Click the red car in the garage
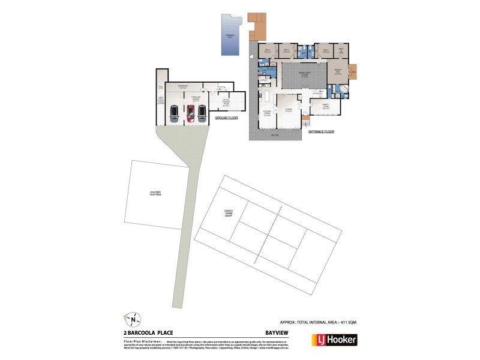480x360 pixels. click(x=190, y=113)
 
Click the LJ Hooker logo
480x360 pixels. click(x=334, y=340)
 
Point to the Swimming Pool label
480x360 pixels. click(x=229, y=36)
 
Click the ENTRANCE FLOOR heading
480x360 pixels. click(x=321, y=131)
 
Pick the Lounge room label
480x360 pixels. click(x=288, y=110)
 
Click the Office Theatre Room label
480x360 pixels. click(x=226, y=100)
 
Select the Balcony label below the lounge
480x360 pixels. click(x=275, y=136)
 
